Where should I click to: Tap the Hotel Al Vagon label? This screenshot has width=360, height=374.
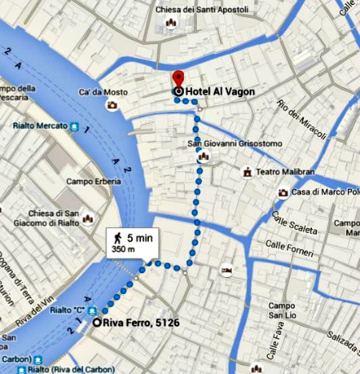220,92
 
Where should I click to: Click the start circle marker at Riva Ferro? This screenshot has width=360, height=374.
97,323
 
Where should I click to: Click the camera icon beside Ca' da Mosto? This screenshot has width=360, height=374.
113,105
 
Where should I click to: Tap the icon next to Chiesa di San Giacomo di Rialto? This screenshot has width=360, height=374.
87,217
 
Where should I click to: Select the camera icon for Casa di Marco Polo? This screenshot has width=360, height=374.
283,193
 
